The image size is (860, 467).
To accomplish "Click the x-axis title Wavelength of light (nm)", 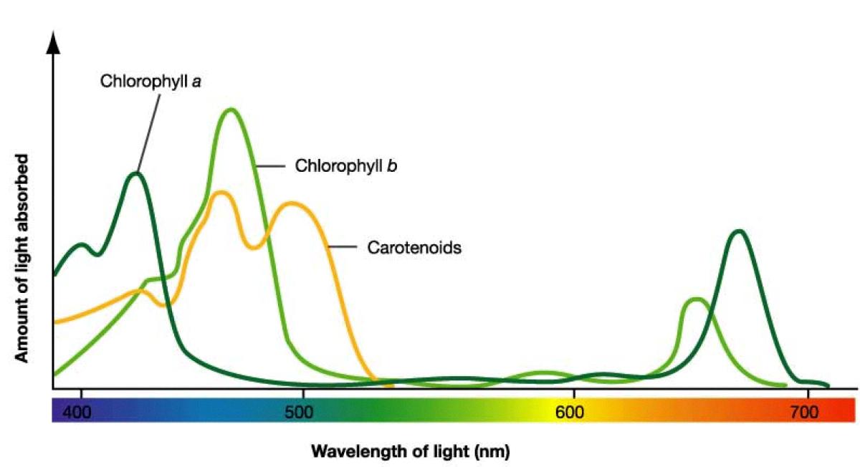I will point(410,451).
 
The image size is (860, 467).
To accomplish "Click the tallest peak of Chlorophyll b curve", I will point(230,110).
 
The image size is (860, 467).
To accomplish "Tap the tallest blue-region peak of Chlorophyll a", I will point(136,173).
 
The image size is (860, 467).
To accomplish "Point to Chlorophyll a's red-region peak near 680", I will point(738,231).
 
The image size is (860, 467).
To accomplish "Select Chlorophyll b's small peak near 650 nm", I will point(695,299).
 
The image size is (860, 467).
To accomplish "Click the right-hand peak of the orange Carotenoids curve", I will point(291,203).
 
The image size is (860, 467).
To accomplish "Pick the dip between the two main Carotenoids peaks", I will point(254,247).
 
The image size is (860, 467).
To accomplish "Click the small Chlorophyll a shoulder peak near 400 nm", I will point(82,245).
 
